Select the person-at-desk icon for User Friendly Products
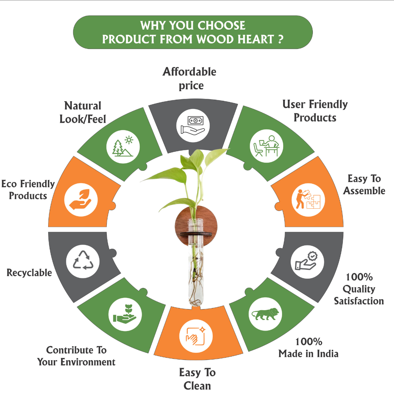(x=266, y=146)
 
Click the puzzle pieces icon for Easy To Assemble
(x=310, y=199)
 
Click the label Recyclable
(x=29, y=273)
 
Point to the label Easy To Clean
(x=197, y=378)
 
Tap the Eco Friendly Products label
(x=28, y=189)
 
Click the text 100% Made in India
(x=308, y=347)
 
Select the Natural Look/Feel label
(x=83, y=112)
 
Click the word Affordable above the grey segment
(x=189, y=71)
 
